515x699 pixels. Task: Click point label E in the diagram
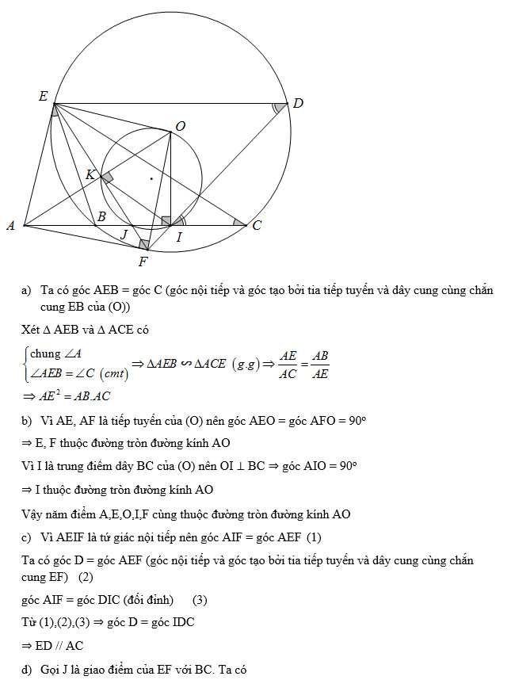(x=43, y=96)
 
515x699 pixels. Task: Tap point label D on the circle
(x=298, y=103)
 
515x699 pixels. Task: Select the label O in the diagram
(x=181, y=126)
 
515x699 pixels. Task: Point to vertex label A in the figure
(x=10, y=226)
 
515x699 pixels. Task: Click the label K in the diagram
(x=90, y=174)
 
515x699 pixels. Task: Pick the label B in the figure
(x=101, y=216)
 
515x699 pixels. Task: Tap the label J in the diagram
(x=123, y=234)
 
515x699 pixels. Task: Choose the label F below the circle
(x=143, y=261)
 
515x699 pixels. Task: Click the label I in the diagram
(x=179, y=236)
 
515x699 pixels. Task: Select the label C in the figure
(x=257, y=226)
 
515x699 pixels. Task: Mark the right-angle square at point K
(x=107, y=178)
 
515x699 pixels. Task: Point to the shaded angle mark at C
(x=238, y=222)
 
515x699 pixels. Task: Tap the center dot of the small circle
(x=151, y=179)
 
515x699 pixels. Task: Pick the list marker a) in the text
(x=27, y=291)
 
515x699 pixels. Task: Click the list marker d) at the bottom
(x=27, y=670)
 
